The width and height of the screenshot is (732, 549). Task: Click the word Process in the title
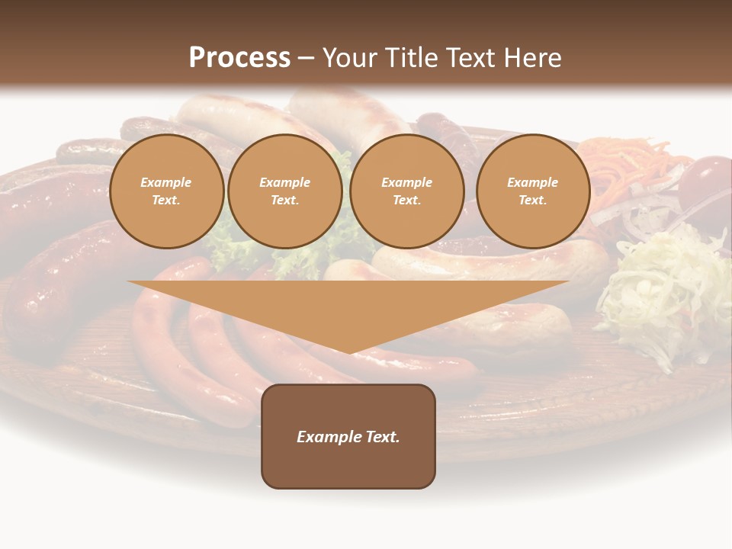(239, 58)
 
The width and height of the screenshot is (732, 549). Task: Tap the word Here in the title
(532, 58)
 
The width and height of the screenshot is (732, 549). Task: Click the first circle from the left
(166, 191)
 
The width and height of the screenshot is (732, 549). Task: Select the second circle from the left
(284, 191)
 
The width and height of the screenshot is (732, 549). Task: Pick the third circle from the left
(406, 191)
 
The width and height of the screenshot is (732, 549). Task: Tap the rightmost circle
(532, 191)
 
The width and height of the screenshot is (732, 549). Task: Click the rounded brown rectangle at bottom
(348, 465)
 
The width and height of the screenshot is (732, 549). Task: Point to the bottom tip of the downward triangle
(348, 352)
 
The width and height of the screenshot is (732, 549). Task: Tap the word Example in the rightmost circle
(532, 182)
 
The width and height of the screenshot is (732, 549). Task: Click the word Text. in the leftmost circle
(166, 201)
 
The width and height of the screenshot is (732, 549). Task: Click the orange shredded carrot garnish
(633, 164)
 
